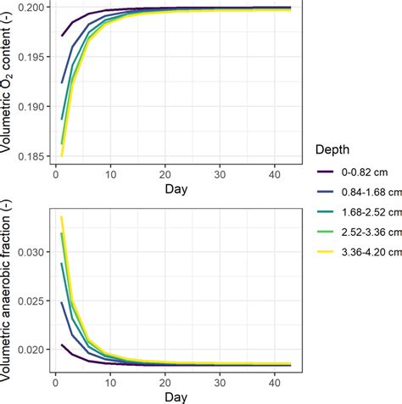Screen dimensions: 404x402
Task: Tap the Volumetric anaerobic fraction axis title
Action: pos(8,289)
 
